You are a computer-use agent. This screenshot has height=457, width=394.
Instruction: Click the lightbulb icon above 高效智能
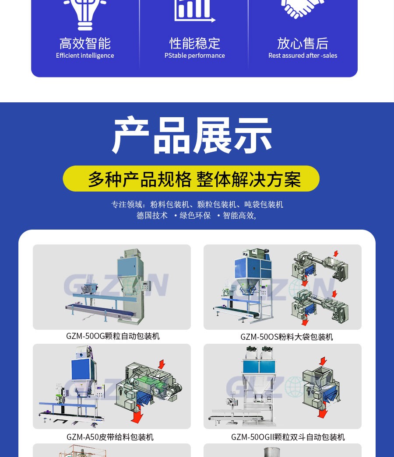pyautogui.click(x=85, y=13)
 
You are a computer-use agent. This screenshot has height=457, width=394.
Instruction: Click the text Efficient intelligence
pyautogui.click(x=85, y=56)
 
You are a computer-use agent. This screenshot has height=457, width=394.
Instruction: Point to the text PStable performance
pyautogui.click(x=195, y=56)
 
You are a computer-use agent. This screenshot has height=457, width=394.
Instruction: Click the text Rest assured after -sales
pyautogui.click(x=303, y=56)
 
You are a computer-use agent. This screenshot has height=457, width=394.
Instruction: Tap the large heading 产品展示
pyautogui.click(x=193, y=136)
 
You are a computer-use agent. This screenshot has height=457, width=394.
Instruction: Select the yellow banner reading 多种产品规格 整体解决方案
pyautogui.click(x=191, y=179)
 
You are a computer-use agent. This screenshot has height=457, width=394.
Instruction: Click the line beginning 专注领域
pyautogui.click(x=197, y=205)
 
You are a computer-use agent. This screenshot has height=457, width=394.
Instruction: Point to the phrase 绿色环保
pyautogui.click(x=195, y=216)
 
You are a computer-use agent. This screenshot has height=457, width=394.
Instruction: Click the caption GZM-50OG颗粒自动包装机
pyautogui.click(x=113, y=336)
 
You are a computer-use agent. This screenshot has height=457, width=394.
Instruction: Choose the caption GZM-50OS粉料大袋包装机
pyautogui.click(x=287, y=337)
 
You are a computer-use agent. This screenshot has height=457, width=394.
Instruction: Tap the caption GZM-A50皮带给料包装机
pyautogui.click(x=110, y=437)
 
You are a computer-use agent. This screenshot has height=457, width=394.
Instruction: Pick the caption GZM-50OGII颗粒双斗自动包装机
pyautogui.click(x=288, y=437)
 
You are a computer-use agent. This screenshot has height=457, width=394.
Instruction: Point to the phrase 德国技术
pyautogui.click(x=152, y=216)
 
